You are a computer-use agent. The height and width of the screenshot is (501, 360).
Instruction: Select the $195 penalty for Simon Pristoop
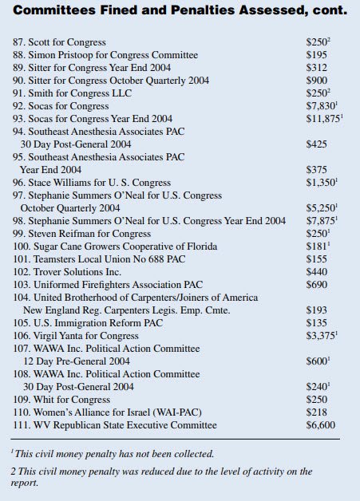coord(318,53)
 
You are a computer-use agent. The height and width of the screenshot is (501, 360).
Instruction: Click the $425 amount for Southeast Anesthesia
coord(318,144)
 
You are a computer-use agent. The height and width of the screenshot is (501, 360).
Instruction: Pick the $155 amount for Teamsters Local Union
coord(318,259)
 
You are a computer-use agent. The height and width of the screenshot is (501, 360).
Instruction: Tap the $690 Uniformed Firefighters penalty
coord(318,285)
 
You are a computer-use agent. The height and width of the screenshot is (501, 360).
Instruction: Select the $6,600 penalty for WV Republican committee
coord(322,425)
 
